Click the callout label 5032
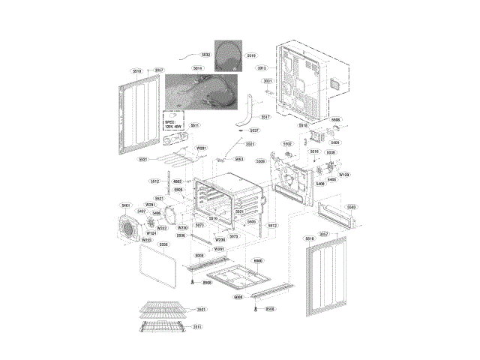point(205,55)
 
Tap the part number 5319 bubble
point(251,55)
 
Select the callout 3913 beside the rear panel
point(262,68)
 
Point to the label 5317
point(265,117)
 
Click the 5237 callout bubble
point(254,130)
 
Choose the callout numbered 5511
point(194,124)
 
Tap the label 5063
point(238,159)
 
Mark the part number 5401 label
point(126,205)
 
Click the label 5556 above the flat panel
point(164,244)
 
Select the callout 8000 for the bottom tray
point(257,260)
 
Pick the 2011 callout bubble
point(196,327)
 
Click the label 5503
point(351,206)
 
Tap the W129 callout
point(343,175)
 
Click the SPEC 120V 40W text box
point(173,123)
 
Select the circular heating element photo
point(229,55)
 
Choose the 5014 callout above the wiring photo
point(196,68)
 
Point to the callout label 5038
point(331,152)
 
